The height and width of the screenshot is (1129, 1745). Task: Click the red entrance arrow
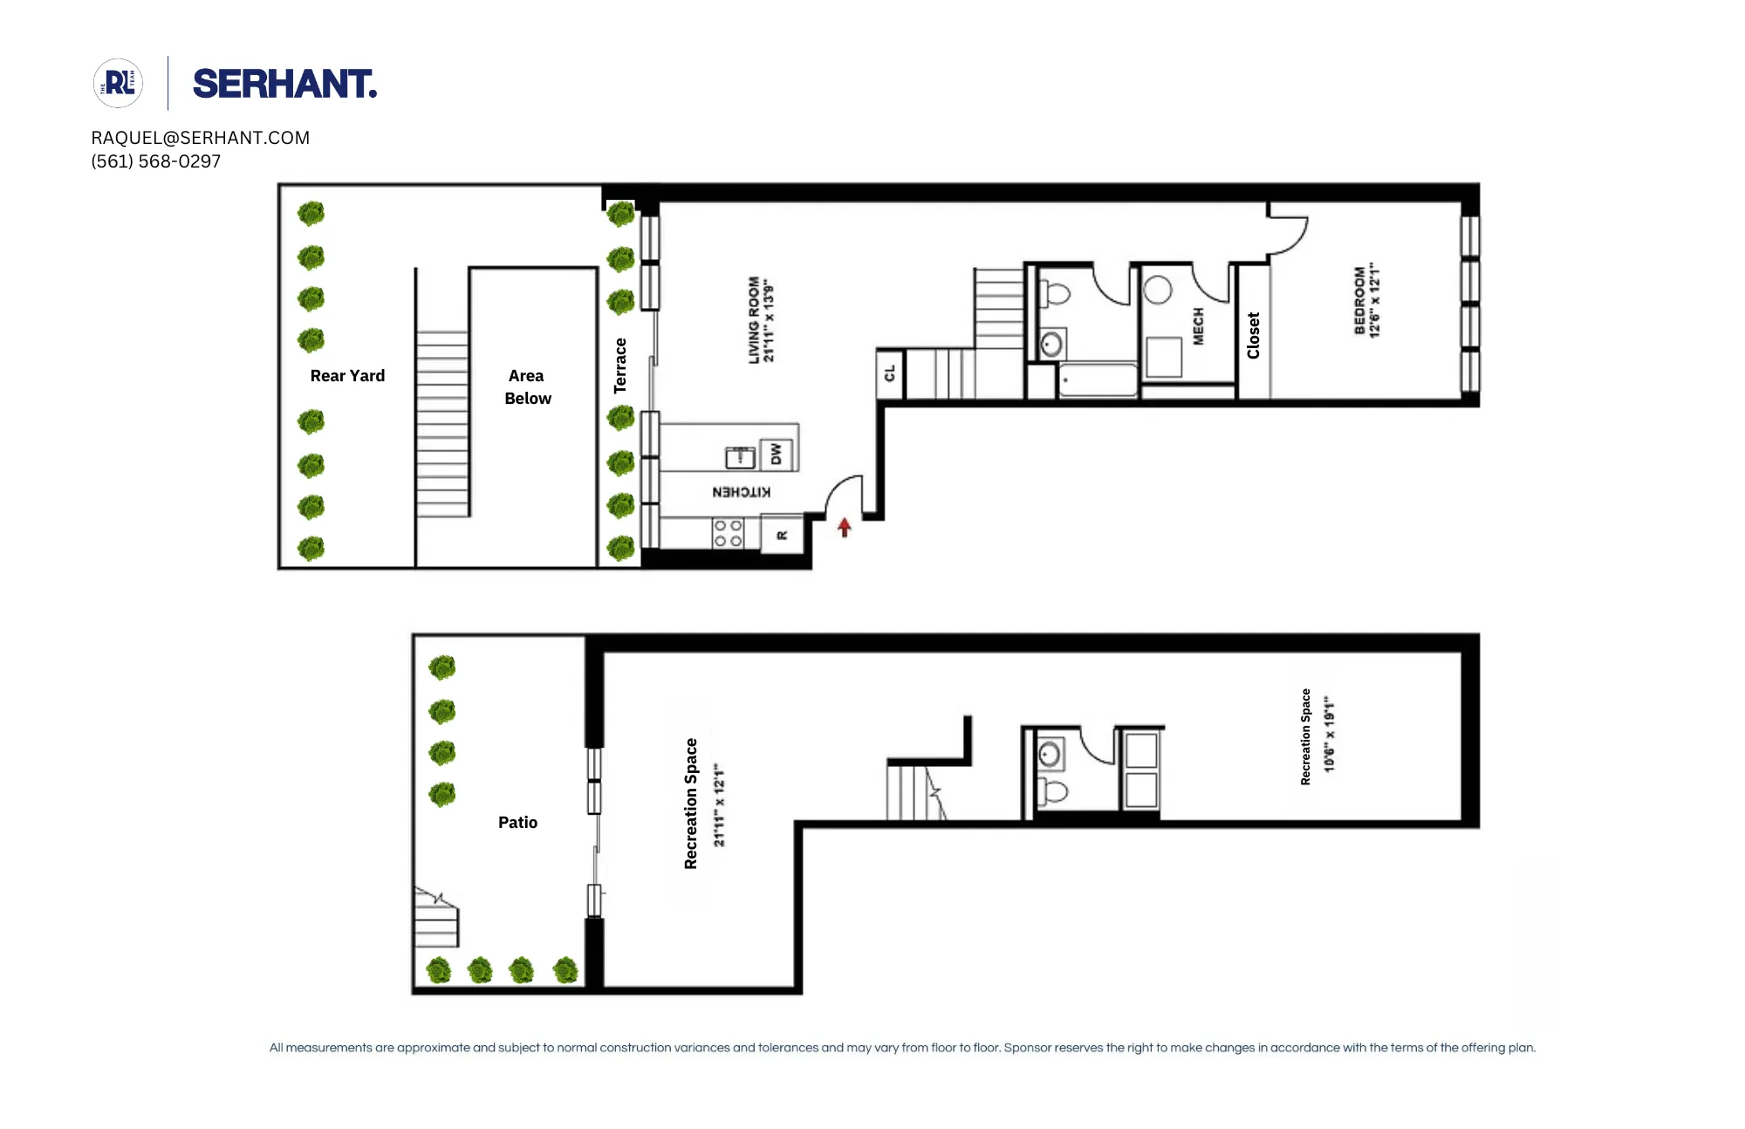[x=844, y=527]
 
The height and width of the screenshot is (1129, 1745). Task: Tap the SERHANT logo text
[x=284, y=85]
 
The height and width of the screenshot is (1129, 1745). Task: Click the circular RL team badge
[x=118, y=84]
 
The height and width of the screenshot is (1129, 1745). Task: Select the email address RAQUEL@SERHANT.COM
[x=201, y=138]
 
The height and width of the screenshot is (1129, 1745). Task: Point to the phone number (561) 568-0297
[x=156, y=161]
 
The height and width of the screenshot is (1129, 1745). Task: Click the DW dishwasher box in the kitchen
[x=776, y=454]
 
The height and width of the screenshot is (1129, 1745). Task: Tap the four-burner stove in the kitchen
[x=728, y=533]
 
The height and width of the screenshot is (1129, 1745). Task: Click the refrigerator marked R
[x=782, y=535]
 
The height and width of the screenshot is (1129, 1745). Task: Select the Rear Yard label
[x=347, y=376]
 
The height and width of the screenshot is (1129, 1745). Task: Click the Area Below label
[x=527, y=387]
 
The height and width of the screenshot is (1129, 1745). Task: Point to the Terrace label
[x=620, y=366]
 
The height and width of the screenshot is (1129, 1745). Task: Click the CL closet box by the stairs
[x=890, y=373]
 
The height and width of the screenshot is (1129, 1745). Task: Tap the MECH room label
[x=1198, y=326]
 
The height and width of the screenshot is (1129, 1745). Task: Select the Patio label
[x=517, y=823]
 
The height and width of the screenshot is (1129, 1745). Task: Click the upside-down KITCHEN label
[x=741, y=492]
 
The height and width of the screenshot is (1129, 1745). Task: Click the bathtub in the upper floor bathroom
[x=1097, y=380]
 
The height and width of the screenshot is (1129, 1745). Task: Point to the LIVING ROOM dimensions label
[x=761, y=320]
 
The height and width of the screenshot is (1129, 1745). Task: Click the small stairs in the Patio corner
[x=435, y=920]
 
